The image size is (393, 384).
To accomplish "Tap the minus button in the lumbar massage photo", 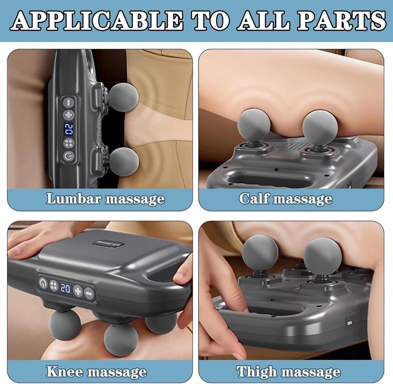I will pyautogui.click(x=69, y=102).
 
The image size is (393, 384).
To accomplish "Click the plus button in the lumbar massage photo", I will pyautogui.click(x=69, y=115).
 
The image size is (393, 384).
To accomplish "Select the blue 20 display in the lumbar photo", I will pyautogui.click(x=69, y=129).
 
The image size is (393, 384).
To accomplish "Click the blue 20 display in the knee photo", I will pyautogui.click(x=66, y=288).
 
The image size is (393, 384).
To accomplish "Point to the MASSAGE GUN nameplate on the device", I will pyautogui.click(x=109, y=243).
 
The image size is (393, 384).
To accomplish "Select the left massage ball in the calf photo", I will pyautogui.click(x=254, y=125).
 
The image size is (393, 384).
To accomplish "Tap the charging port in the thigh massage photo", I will pyautogui.click(x=349, y=322).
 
